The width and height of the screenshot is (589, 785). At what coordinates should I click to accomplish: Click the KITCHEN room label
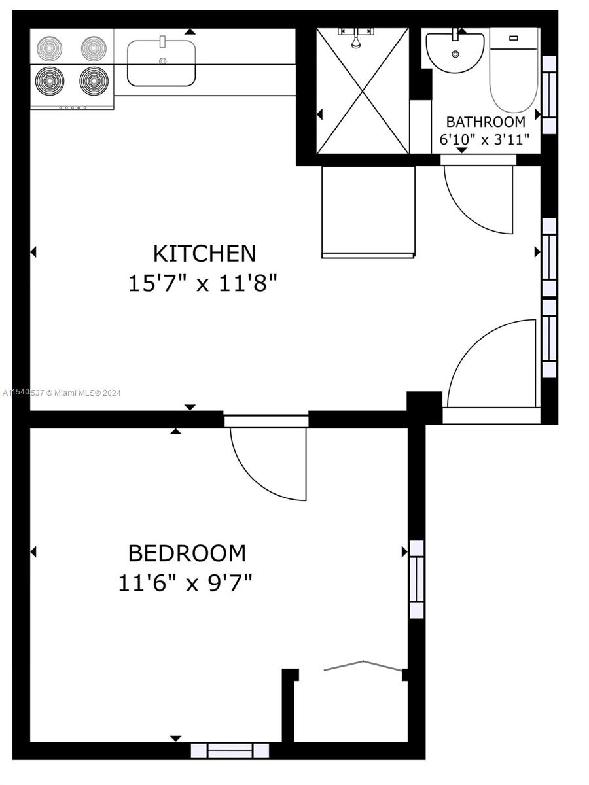[x=204, y=253]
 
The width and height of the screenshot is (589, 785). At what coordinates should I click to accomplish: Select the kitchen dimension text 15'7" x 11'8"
[x=204, y=283]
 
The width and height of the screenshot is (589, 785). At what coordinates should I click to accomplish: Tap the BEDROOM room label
[x=187, y=553]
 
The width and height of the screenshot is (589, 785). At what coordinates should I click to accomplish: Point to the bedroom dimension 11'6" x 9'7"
[x=185, y=582]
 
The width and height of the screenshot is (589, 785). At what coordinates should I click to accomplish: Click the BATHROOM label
[x=485, y=122]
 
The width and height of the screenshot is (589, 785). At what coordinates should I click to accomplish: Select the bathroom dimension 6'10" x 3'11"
[x=484, y=139]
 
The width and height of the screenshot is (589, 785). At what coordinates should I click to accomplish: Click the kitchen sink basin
[x=161, y=63]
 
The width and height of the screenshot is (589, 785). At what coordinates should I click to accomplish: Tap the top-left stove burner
[x=48, y=48]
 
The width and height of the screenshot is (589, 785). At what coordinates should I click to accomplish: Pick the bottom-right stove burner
[x=92, y=82]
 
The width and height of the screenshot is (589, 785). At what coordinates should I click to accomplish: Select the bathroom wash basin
[x=455, y=52]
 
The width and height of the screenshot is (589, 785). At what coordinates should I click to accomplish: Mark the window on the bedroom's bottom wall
[x=230, y=750]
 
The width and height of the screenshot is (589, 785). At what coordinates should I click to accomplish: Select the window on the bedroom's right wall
[x=417, y=580]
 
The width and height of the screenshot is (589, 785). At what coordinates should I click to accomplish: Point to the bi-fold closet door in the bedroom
[x=363, y=666]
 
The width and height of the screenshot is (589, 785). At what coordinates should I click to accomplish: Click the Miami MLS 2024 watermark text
[x=62, y=392]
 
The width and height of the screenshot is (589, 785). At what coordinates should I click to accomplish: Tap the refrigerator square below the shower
[x=368, y=211]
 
